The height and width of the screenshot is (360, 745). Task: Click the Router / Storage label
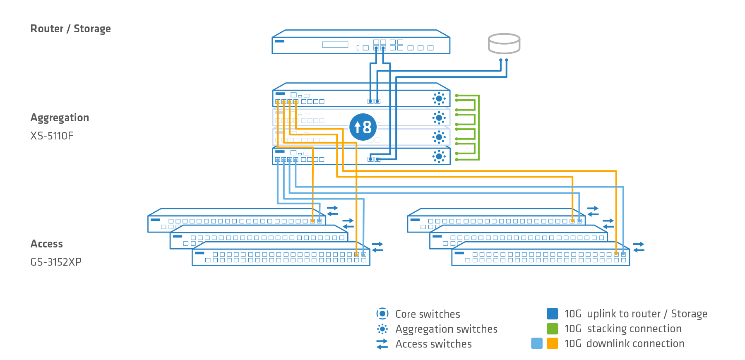[x=71, y=29]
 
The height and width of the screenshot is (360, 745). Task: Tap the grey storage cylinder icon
[x=504, y=43]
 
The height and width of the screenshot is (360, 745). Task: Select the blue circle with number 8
[x=363, y=127]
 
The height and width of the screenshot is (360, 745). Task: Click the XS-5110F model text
[x=52, y=136]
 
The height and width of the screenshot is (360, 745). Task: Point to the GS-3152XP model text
[x=56, y=262]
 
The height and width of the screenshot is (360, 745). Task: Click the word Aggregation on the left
[x=60, y=118]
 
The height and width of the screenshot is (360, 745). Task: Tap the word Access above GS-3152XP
[x=47, y=244]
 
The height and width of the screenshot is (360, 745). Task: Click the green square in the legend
[x=553, y=329]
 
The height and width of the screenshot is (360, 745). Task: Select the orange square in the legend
[x=553, y=343]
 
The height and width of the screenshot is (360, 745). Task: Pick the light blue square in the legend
[x=537, y=343]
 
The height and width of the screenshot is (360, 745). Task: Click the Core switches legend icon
[x=382, y=314]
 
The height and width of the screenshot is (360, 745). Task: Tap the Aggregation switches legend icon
[x=382, y=329]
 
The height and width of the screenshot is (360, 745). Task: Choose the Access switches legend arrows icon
[x=382, y=344]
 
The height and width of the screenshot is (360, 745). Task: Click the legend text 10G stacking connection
[x=623, y=329]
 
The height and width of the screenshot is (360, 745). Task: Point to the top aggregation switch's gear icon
[x=439, y=98]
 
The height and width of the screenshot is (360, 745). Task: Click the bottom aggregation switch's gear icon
[x=439, y=156]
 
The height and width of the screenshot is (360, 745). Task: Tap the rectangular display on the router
[x=335, y=45]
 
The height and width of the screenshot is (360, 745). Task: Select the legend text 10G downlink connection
[x=624, y=343]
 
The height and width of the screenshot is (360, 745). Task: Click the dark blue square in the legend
[x=553, y=314]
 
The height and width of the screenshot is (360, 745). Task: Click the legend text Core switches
[x=428, y=314]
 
